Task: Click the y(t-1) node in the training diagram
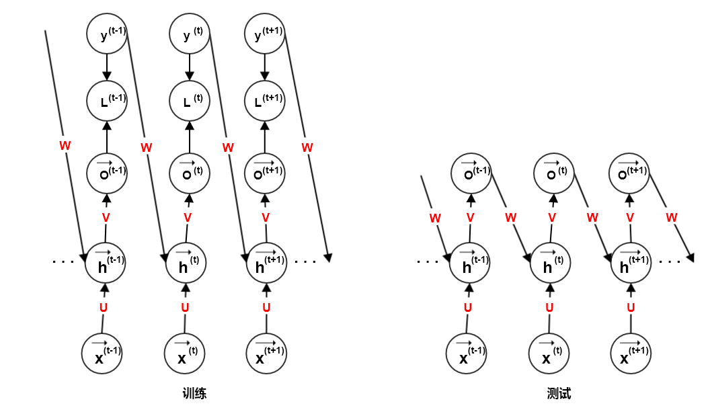(x=107, y=34)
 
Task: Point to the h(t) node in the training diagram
(x=186, y=264)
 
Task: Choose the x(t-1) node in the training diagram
(x=102, y=354)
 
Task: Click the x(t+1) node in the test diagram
(x=631, y=354)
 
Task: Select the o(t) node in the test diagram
(x=553, y=172)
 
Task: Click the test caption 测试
(x=559, y=394)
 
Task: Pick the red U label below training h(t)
(x=186, y=308)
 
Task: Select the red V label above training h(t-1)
(x=106, y=217)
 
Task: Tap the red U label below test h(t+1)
(x=631, y=308)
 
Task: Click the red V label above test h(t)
(x=552, y=217)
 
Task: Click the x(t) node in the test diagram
(x=549, y=354)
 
